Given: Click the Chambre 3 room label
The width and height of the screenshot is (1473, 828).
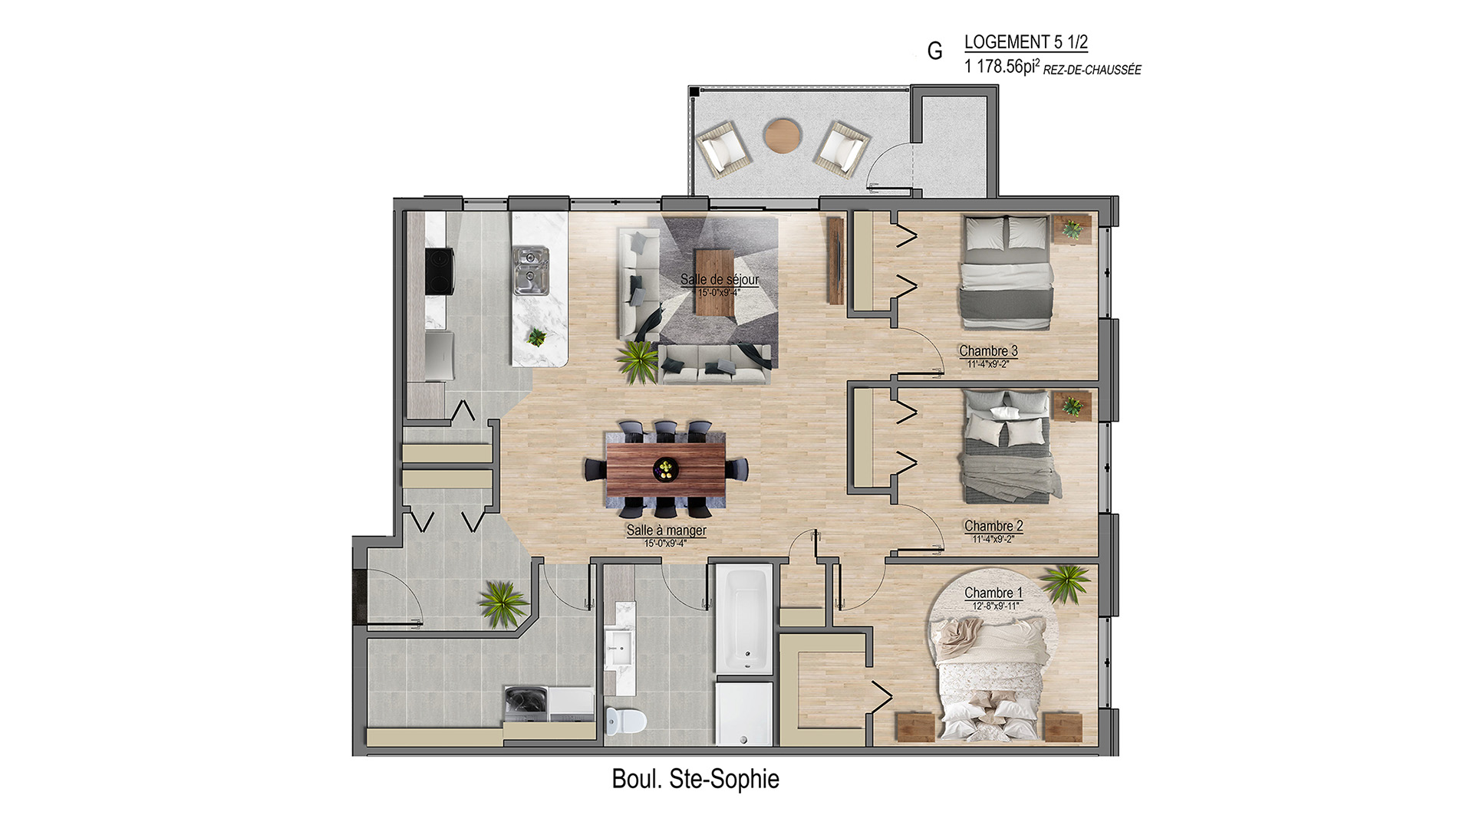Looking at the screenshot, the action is (988, 351).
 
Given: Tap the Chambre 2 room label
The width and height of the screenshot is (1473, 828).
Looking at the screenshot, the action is (994, 526).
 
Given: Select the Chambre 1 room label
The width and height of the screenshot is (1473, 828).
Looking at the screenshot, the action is (994, 593).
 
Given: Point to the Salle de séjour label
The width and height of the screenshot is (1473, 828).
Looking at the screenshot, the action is (720, 279).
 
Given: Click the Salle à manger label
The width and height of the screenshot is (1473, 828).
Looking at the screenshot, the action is (666, 530).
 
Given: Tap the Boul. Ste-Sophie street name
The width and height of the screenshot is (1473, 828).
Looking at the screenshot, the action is (695, 779).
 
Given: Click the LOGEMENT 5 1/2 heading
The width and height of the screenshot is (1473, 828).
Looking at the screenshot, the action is (1026, 42).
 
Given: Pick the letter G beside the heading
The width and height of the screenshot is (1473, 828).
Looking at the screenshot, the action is (934, 51).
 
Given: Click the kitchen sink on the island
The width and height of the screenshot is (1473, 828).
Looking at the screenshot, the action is (530, 270).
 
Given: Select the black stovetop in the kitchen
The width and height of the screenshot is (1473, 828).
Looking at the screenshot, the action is (440, 272).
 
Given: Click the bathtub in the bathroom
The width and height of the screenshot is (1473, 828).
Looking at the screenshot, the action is (743, 619).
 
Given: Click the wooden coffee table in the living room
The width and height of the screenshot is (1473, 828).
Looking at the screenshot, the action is (714, 281).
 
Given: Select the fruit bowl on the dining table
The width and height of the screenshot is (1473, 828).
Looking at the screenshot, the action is (665, 469).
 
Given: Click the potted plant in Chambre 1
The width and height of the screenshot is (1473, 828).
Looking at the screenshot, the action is (1066, 583).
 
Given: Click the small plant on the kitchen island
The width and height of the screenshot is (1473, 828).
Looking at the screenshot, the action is (536, 336).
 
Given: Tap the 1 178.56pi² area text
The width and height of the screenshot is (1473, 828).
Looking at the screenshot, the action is (1002, 67).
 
